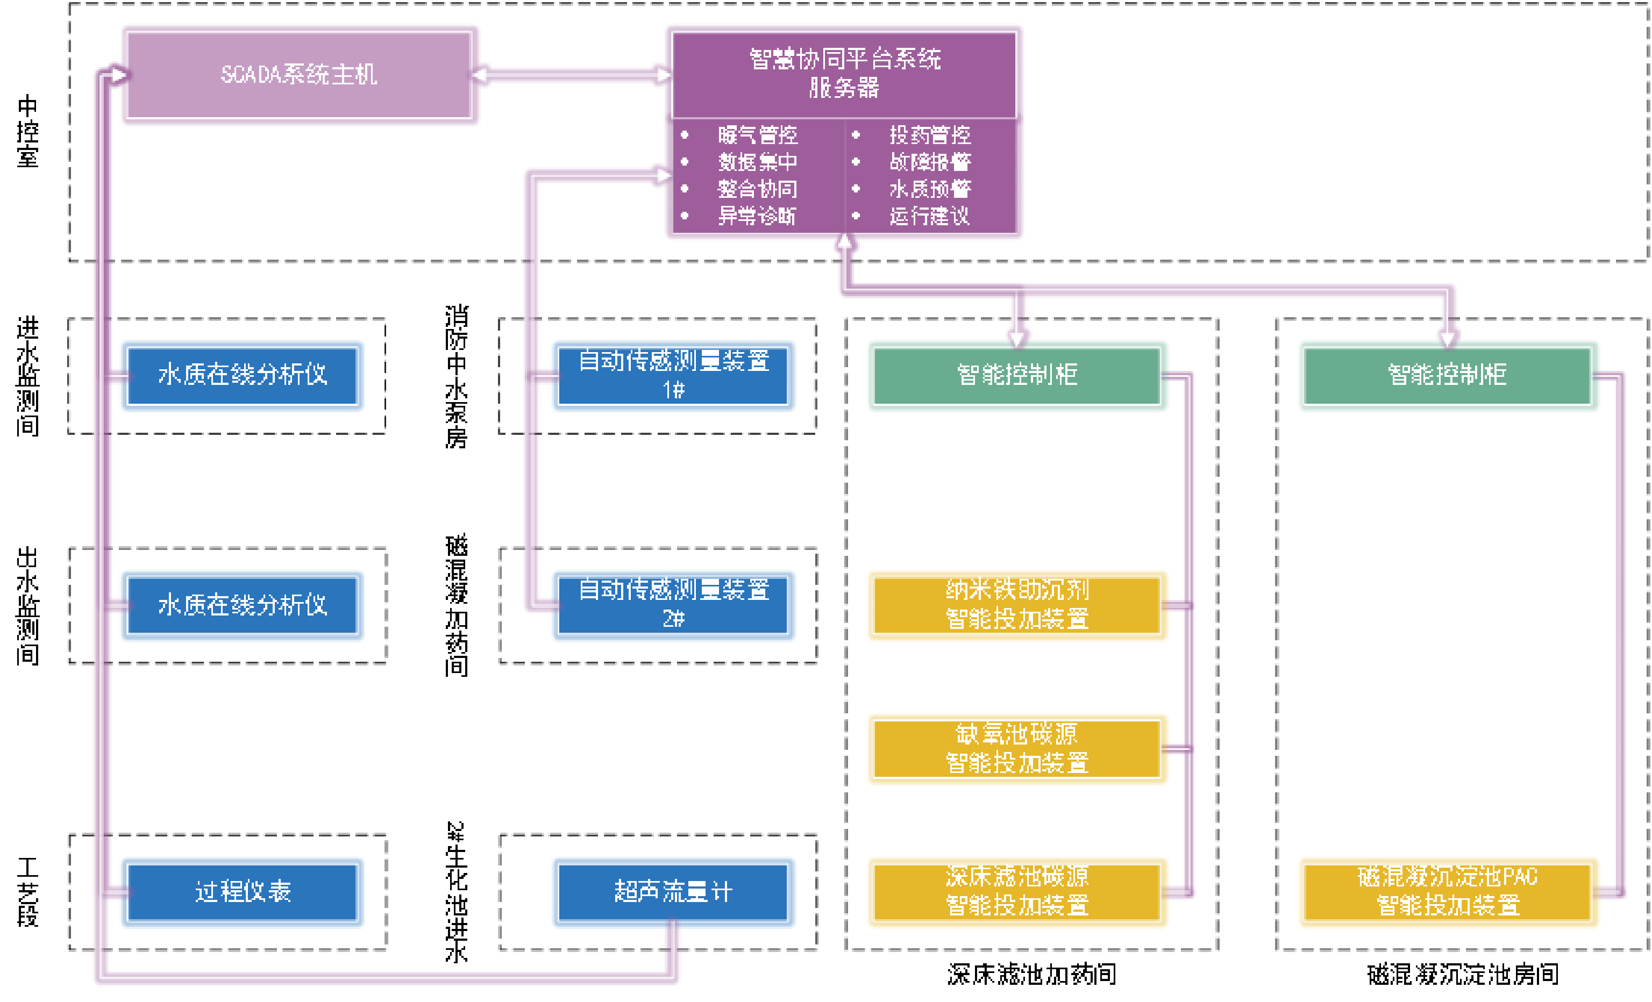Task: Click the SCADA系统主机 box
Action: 299,74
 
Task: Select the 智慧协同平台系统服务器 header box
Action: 844,73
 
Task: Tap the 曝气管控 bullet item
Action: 758,135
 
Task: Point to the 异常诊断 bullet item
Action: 757,216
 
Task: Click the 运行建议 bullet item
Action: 930,216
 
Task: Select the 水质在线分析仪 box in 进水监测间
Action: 242,375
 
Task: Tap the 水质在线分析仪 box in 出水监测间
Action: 242,605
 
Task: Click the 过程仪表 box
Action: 242,891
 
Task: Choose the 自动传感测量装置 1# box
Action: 673,375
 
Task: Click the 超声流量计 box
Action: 673,891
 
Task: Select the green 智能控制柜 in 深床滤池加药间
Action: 1016,375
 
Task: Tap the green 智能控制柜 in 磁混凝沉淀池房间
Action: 1447,375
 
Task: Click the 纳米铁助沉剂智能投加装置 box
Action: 1016,605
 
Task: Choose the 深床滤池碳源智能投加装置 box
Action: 1016,891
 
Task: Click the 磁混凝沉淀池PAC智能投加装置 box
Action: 1447,891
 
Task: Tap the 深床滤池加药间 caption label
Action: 1031,975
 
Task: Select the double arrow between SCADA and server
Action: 572,74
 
